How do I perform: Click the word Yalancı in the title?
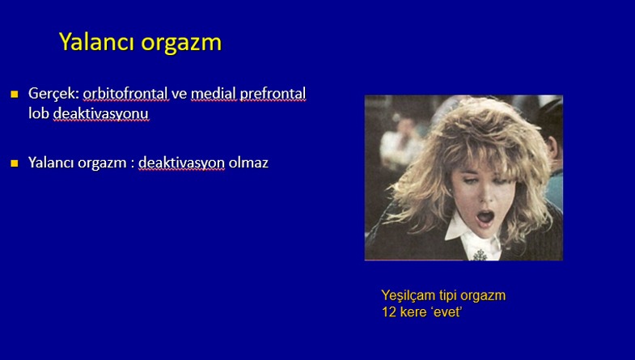[97, 42]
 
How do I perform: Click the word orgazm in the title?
[181, 44]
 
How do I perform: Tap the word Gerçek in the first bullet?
[53, 94]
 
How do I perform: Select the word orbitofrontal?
[125, 93]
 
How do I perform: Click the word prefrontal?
[273, 94]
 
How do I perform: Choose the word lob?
[39, 113]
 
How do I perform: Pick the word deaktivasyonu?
[101, 114]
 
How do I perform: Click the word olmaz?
[248, 163]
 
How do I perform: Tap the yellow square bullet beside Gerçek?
[15, 95]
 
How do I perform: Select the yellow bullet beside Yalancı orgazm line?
[15, 163]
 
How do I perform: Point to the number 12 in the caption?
[389, 311]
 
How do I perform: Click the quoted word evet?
[447, 311]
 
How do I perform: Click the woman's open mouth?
[485, 217]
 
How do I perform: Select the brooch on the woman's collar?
[480, 255]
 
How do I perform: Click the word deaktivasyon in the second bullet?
[181, 163]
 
